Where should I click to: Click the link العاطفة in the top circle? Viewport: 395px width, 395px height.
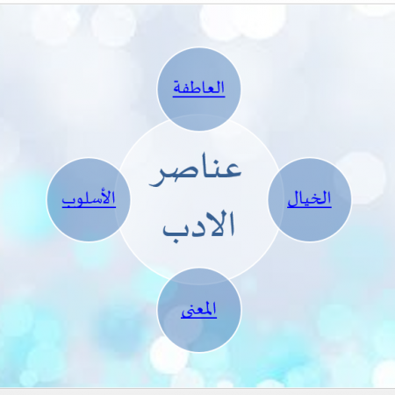199,88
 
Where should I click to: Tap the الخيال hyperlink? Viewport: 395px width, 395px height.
309,198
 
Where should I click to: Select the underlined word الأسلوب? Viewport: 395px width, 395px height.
89,198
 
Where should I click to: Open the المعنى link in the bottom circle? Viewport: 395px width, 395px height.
199,310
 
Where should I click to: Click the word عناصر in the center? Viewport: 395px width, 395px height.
196,170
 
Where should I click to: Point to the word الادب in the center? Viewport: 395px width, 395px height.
198,225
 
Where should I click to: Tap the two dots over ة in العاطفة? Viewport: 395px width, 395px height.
177,83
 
